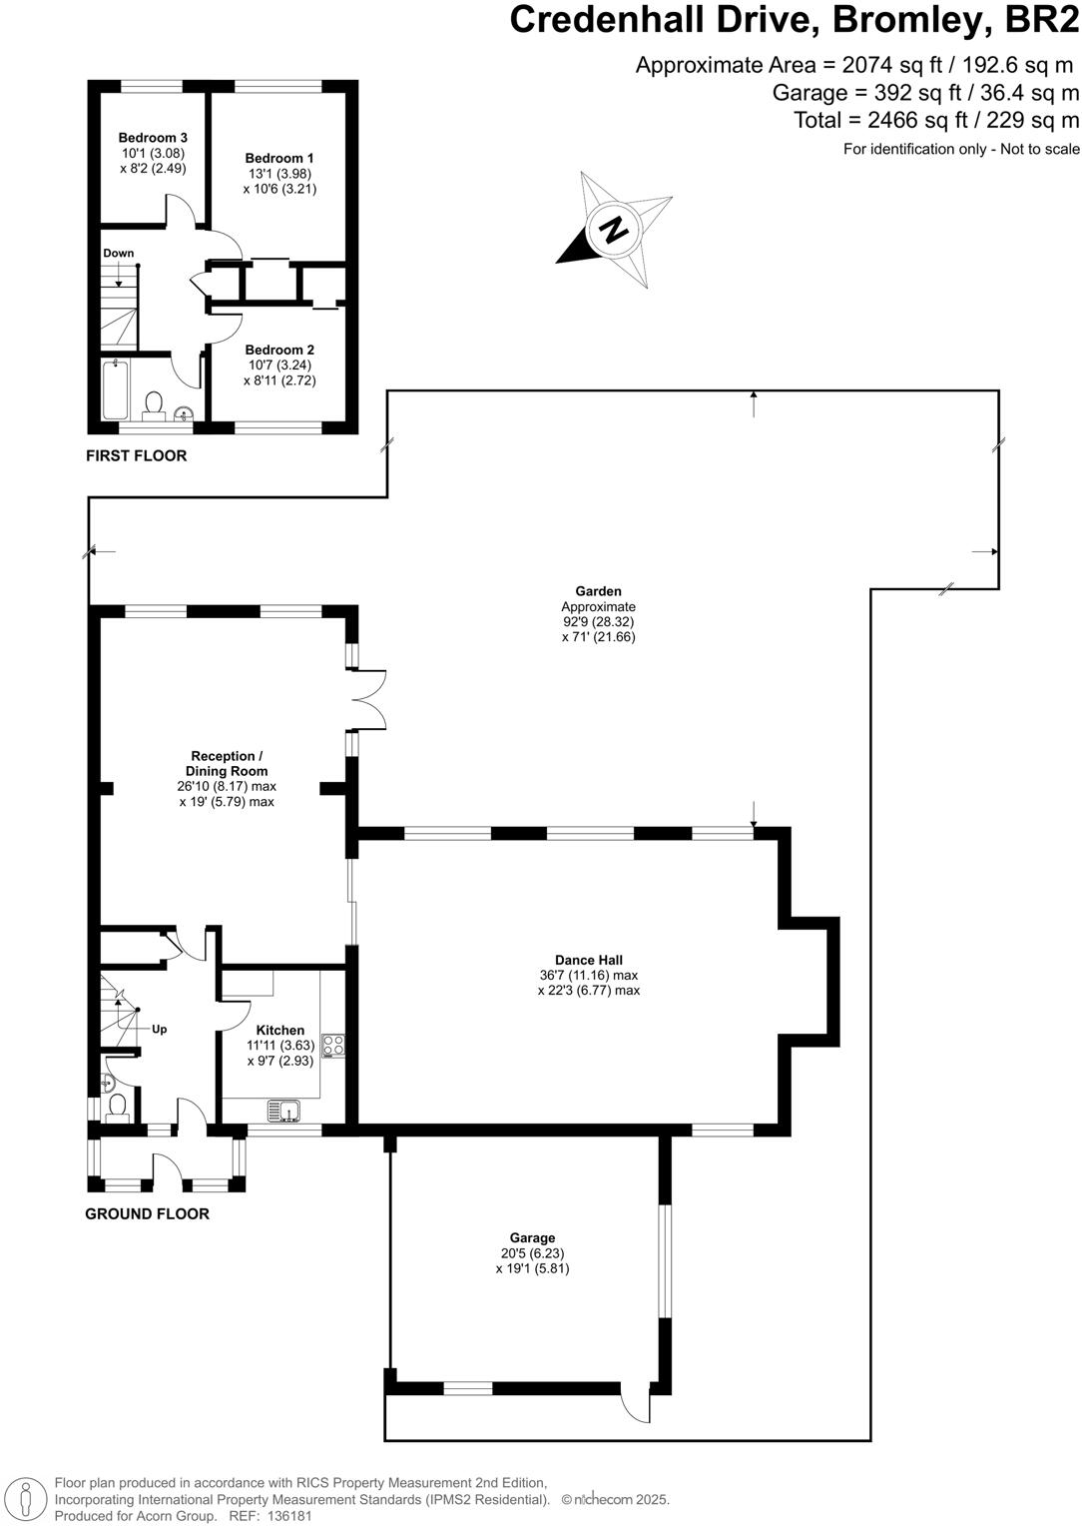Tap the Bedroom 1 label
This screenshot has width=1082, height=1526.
click(279, 158)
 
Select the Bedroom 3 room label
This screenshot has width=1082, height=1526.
click(153, 138)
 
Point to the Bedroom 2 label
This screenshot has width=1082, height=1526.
click(279, 350)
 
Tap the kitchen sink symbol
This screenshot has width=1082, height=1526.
click(284, 1110)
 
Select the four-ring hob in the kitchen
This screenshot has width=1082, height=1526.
click(333, 1046)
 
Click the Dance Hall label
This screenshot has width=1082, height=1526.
click(589, 961)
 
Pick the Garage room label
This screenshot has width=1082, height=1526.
click(532, 1238)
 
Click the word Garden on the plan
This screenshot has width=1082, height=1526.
click(598, 591)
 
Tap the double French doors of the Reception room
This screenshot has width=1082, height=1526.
click(368, 698)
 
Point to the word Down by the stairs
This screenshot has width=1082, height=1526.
click(119, 253)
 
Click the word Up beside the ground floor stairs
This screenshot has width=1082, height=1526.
click(159, 1029)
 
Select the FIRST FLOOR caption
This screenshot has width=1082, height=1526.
click(136, 455)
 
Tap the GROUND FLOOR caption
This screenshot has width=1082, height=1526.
click(147, 1213)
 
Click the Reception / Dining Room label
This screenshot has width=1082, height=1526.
click(227, 763)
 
